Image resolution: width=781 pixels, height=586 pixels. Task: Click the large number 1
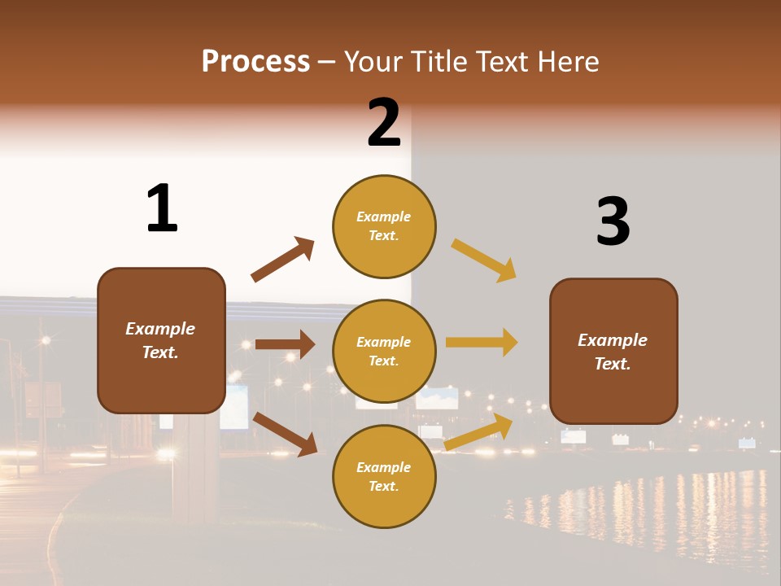(x=162, y=208)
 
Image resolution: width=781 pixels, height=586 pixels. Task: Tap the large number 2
(x=384, y=124)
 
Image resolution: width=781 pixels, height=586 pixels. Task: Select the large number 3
(x=613, y=222)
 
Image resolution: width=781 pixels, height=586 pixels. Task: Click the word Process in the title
(x=255, y=61)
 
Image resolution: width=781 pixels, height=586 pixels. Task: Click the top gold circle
(x=384, y=225)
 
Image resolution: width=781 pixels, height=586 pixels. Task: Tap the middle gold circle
(x=384, y=351)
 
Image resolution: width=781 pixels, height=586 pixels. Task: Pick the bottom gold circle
(x=384, y=476)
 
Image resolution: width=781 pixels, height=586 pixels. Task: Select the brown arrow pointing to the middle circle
(x=285, y=344)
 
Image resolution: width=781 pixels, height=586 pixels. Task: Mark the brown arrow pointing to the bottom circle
(x=286, y=434)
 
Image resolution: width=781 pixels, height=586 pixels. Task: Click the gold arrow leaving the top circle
(x=484, y=260)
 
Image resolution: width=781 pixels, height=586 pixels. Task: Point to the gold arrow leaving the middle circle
(x=482, y=343)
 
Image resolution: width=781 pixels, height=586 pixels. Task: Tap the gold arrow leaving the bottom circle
(x=478, y=432)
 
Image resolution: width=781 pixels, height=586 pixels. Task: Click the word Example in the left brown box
(x=160, y=328)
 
